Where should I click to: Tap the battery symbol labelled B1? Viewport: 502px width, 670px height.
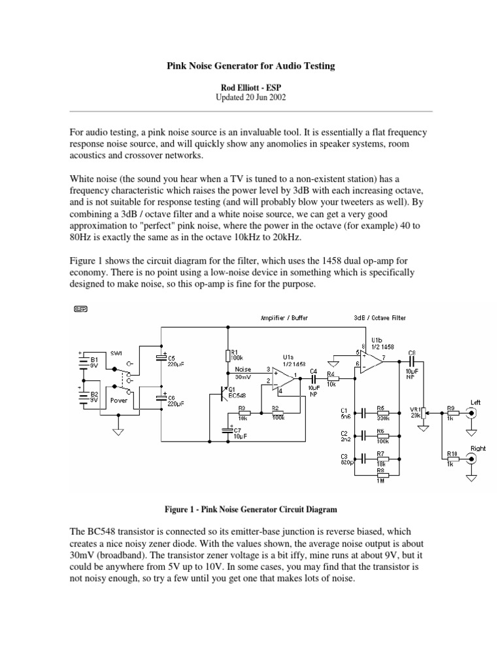coord(83,364)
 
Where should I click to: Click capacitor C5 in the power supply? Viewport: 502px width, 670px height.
coord(161,358)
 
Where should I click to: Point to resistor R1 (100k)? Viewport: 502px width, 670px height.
coord(227,356)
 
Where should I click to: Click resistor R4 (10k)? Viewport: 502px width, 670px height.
coord(331,378)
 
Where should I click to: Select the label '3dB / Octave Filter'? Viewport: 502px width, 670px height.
coord(379,318)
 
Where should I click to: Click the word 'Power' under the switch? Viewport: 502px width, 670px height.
coord(119,399)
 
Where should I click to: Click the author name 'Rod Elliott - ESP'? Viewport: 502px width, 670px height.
coord(250,86)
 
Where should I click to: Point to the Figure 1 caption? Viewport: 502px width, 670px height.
coord(250,508)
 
